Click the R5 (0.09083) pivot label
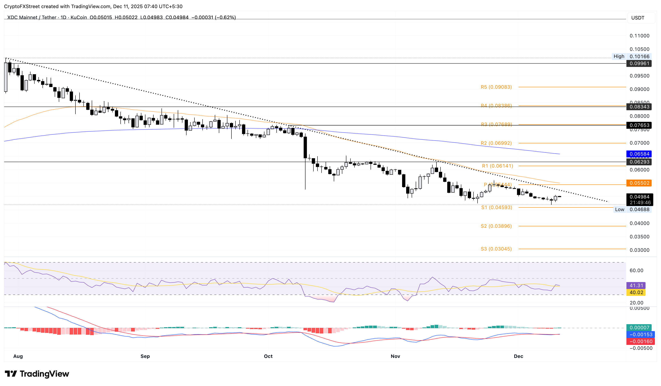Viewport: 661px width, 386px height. [x=496, y=87]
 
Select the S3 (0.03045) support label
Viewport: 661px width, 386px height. [x=496, y=249]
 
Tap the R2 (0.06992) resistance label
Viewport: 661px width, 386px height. [x=496, y=143]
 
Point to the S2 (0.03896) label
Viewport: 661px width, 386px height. [x=496, y=226]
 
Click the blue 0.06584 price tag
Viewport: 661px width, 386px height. [x=639, y=154]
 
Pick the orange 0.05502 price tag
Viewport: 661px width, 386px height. [x=639, y=183]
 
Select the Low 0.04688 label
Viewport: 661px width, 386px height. [x=632, y=209]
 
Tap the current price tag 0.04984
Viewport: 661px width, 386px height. [x=639, y=197]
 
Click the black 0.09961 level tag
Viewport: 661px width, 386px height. [x=639, y=63]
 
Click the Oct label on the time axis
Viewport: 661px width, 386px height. [x=268, y=356]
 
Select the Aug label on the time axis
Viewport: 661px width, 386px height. [x=18, y=356]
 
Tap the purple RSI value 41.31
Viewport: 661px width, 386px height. [x=636, y=286]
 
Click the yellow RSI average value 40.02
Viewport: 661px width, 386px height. [x=636, y=292]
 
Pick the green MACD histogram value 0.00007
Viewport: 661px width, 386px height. [x=639, y=327]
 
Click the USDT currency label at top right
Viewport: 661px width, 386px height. [x=637, y=18]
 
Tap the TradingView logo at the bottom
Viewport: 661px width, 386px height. [x=37, y=374]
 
